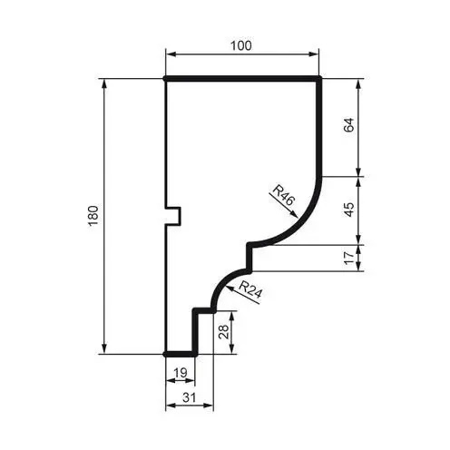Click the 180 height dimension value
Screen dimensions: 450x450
click(93, 217)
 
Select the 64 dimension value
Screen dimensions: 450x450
click(349, 126)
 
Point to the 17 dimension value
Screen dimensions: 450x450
click(349, 258)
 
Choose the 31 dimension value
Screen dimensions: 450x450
click(187, 398)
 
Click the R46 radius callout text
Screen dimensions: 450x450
click(283, 196)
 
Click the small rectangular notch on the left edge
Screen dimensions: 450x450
click(174, 216)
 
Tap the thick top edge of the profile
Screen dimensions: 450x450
click(242, 79)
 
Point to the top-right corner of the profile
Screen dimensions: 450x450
click(322, 79)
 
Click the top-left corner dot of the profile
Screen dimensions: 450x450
click(165, 79)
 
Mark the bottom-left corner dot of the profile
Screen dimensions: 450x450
click(165, 354)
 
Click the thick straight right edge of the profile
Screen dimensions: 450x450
click(322, 127)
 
